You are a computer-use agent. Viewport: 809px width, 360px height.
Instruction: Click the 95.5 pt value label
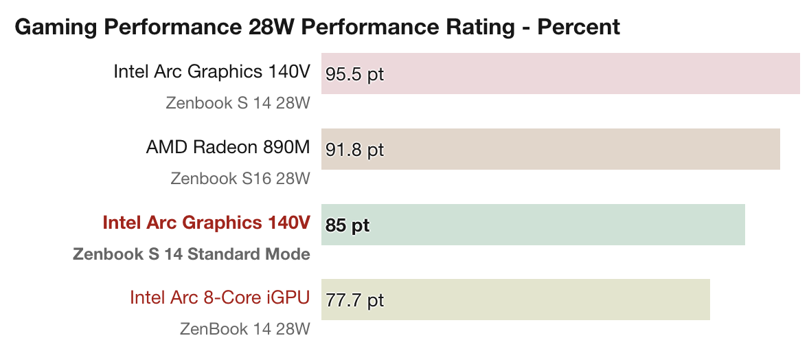coord(354,74)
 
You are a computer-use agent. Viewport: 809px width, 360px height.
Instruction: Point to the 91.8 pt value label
coord(354,150)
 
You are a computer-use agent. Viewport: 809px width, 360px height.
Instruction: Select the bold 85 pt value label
coord(347,225)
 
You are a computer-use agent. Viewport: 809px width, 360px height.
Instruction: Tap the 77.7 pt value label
coord(354,300)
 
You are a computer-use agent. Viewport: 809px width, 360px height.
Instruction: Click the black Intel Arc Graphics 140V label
coord(212,71)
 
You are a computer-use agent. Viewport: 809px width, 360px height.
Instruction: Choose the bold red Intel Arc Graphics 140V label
coord(206,223)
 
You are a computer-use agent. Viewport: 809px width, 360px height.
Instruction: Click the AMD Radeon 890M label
coord(228,147)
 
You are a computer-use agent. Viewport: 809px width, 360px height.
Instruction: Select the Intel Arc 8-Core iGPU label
coord(220,297)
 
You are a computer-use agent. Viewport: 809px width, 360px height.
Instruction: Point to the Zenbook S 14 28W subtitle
coord(238,103)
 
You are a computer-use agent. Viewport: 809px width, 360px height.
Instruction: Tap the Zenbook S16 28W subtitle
coord(240,179)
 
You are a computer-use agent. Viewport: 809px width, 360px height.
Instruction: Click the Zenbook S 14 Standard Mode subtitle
coord(192,254)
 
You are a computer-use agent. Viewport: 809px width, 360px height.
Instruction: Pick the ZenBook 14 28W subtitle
coord(245,329)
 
